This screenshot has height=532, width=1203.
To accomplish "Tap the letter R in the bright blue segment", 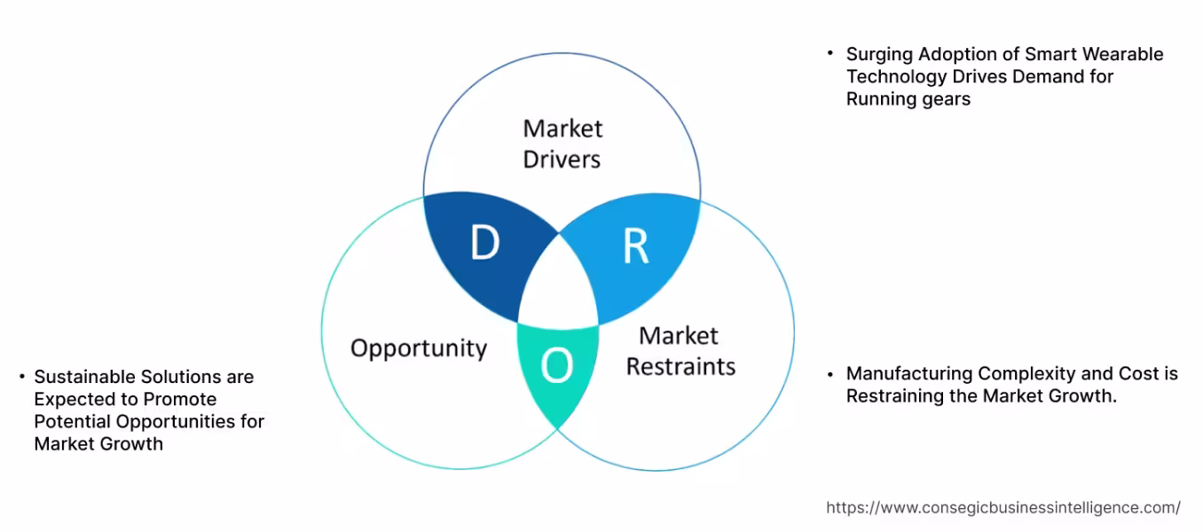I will click(x=635, y=246).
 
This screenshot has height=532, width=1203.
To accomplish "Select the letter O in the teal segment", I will click(x=556, y=365).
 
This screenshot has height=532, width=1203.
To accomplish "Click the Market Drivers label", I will click(x=562, y=144).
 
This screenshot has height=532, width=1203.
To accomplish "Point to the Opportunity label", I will click(x=419, y=348).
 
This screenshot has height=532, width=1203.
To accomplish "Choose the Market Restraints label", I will click(x=680, y=351).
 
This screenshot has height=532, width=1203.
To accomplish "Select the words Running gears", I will click(x=908, y=98).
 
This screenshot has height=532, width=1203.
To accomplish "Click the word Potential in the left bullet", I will click(x=71, y=421).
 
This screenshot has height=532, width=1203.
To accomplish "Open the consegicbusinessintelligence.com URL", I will click(x=1002, y=508).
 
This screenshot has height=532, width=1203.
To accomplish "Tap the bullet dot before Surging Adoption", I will click(x=830, y=53).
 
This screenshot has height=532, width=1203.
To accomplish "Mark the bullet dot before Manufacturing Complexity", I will click(x=830, y=373).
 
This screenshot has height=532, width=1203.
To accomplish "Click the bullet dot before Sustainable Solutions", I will click(x=21, y=377).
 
